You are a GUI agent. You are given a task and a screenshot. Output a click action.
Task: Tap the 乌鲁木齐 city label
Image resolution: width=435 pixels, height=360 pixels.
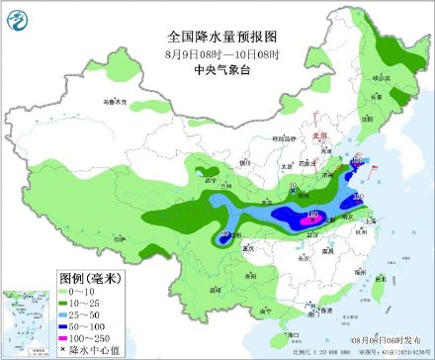pos(116,101)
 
